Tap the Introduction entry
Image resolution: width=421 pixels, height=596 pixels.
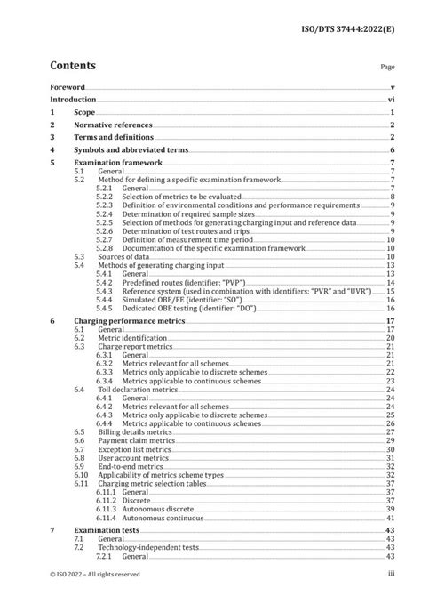[75, 101]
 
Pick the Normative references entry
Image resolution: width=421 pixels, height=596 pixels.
[114, 126]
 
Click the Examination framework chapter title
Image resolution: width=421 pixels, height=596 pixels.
[120, 164]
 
